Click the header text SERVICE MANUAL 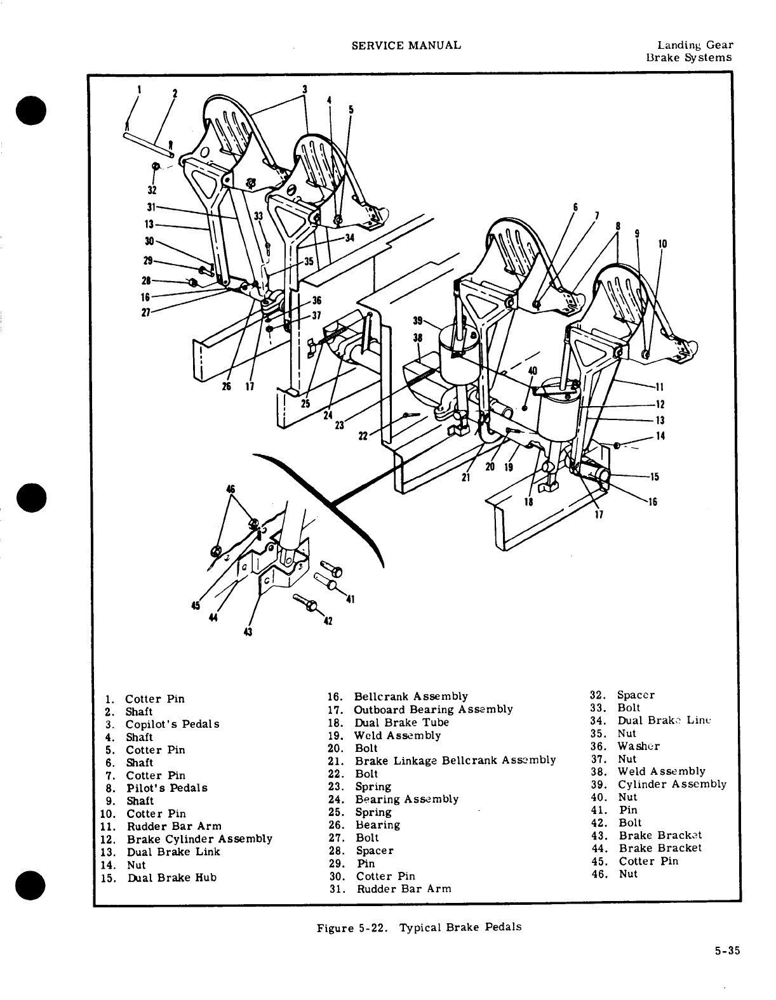(x=406, y=45)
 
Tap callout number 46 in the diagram (x=231, y=489)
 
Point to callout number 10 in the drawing (x=662, y=244)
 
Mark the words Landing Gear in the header (x=695, y=45)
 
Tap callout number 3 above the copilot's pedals (x=305, y=89)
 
